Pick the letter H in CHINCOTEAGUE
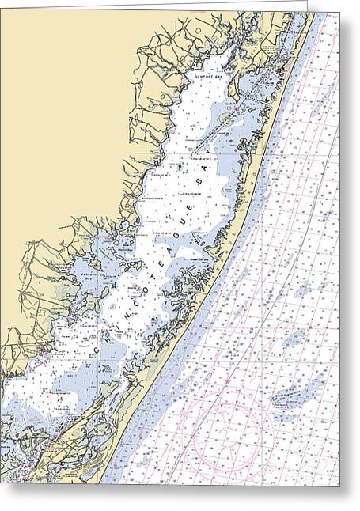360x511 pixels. click(105, 332)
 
